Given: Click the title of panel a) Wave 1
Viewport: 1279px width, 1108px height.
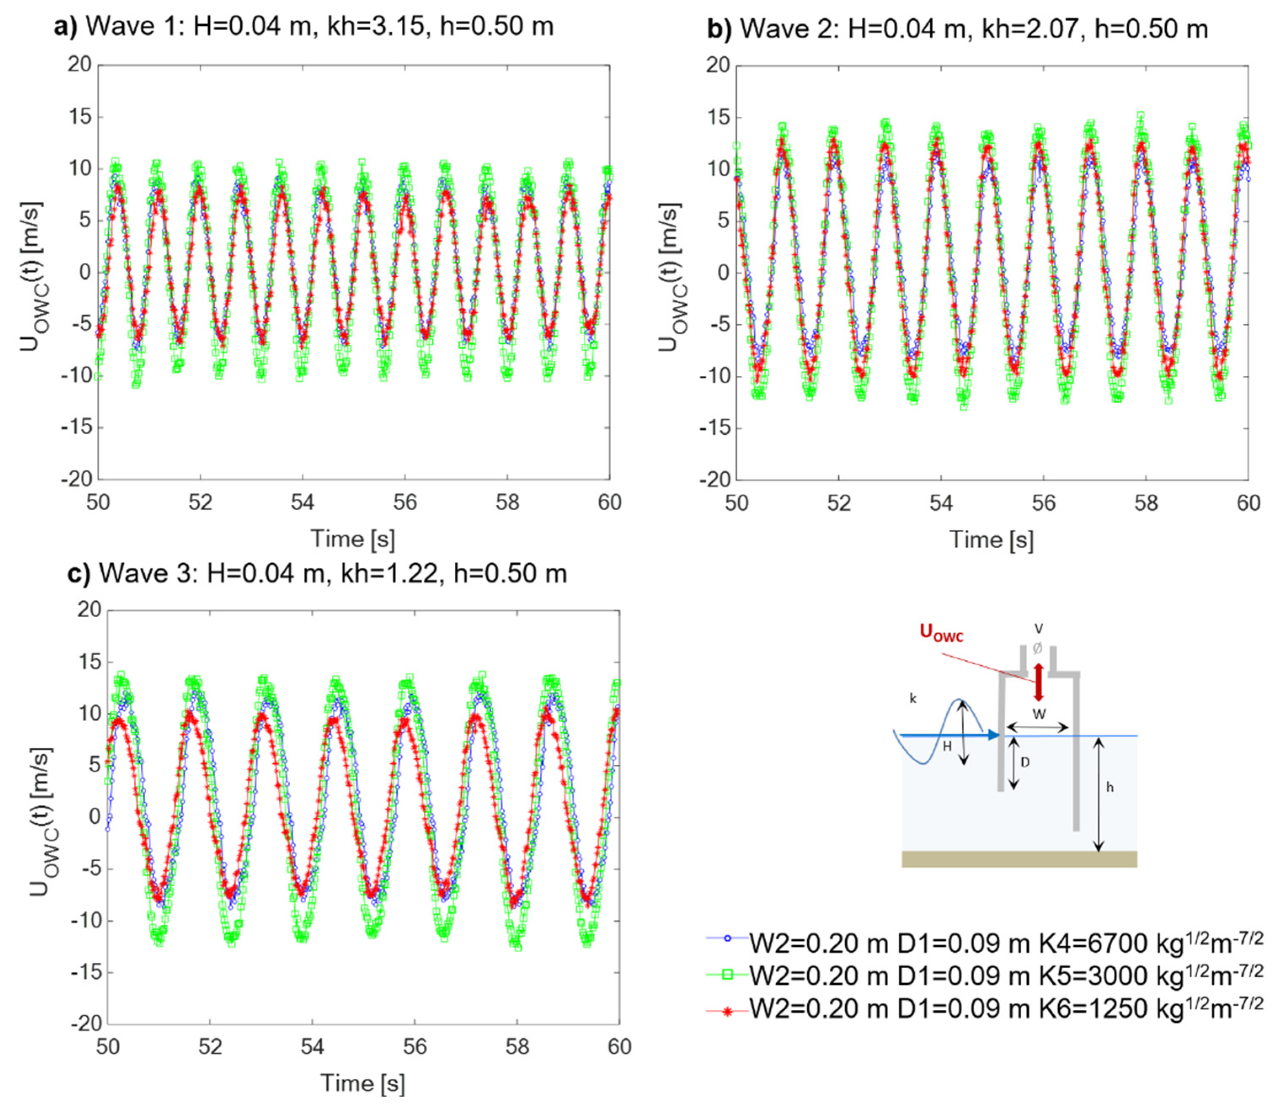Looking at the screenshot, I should tap(303, 27).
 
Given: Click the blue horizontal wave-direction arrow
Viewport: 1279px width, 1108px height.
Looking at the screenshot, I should tap(949, 735).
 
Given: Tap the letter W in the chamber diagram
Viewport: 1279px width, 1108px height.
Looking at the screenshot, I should tap(1039, 715).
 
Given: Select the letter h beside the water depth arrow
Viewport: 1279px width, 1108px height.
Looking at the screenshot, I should tap(1110, 788).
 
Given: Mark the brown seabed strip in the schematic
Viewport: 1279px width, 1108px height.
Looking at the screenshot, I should tap(1019, 859).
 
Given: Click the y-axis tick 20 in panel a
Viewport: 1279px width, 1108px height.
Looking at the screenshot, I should tap(79, 64).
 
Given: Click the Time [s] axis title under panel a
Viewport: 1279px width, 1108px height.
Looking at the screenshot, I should tap(352, 538).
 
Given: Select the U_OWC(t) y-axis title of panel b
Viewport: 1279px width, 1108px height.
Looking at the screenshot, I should tap(671, 275).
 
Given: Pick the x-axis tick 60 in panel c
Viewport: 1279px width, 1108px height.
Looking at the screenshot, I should tap(619, 1047).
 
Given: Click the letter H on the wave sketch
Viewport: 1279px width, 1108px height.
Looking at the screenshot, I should tap(946, 747).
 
